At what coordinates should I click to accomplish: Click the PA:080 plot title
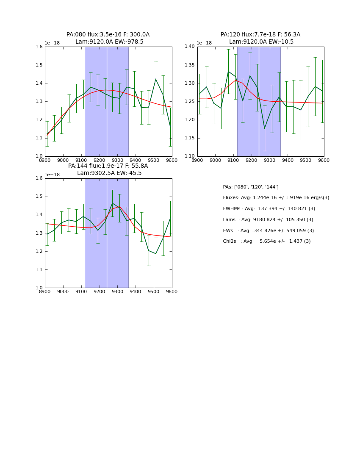click(x=108, y=35)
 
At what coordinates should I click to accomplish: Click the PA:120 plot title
click(x=260, y=35)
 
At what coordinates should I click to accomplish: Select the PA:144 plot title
click(x=108, y=166)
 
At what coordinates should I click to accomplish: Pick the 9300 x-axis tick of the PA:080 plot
click(x=117, y=161)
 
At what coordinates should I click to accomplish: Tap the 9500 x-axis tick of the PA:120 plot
click(x=306, y=161)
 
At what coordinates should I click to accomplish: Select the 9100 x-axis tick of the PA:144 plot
click(x=81, y=292)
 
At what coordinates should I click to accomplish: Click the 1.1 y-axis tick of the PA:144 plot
click(x=39, y=269)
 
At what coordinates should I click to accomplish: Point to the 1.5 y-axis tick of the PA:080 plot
click(x=39, y=65)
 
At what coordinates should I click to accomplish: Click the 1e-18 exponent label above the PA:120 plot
click(x=204, y=43)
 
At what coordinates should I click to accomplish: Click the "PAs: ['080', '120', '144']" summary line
click(x=251, y=187)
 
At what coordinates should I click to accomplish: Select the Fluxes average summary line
click(x=276, y=198)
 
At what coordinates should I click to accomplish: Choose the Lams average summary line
click(x=268, y=219)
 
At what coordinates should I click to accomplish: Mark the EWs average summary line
click(x=268, y=230)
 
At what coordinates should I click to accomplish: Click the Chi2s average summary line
click(x=266, y=241)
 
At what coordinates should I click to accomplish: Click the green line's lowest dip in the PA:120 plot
click(x=265, y=128)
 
